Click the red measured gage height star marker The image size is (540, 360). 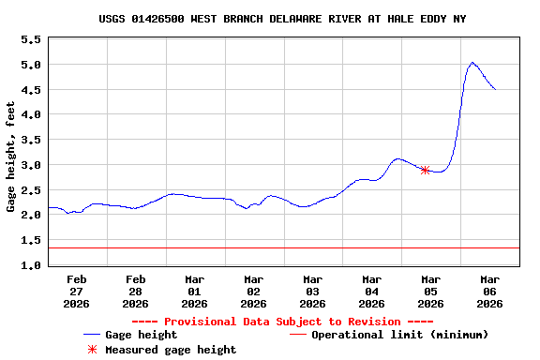pyautogui.click(x=425, y=170)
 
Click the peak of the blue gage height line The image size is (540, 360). pyautogui.click(x=472, y=63)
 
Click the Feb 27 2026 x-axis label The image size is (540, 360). pyautogui.click(x=77, y=291)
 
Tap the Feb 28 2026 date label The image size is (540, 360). pyautogui.click(x=136, y=291)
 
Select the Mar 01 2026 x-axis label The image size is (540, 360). pyautogui.click(x=195, y=291)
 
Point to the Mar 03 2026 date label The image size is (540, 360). pyautogui.click(x=312, y=291)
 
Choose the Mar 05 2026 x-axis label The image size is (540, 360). pyautogui.click(x=430, y=291)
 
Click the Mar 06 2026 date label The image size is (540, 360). pyautogui.click(x=489, y=291)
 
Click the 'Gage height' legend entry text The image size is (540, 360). pyautogui.click(x=141, y=335)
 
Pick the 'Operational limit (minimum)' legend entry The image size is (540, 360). pyautogui.click(x=399, y=335)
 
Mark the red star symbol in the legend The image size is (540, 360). pyautogui.click(x=92, y=350)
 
